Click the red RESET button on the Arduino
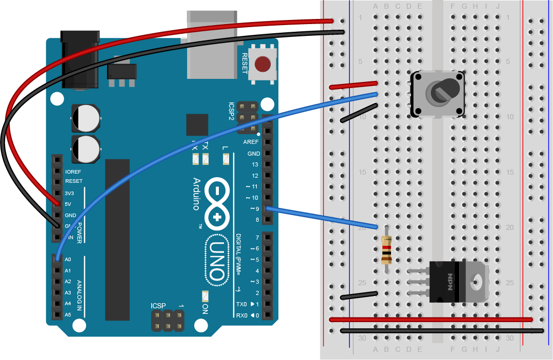coord(262,65)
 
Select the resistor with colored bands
coord(387,249)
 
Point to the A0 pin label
coord(68,260)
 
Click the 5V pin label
coord(68,204)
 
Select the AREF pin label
coord(251,142)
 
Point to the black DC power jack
coord(79,59)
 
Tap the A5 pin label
coord(68,314)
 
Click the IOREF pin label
coord(73,172)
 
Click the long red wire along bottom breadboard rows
coord(431,320)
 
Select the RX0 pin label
coord(242,315)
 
